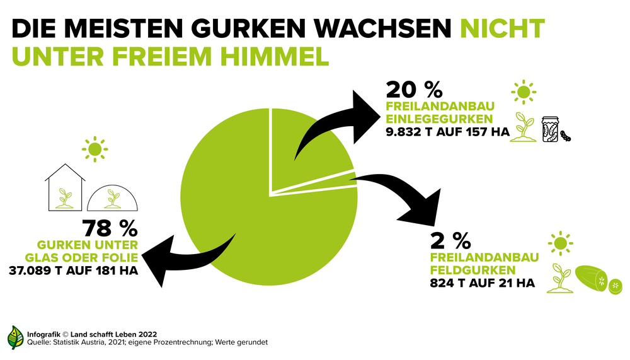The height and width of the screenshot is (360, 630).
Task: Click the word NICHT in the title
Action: (501, 28)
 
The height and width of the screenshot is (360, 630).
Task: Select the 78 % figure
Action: (110, 229)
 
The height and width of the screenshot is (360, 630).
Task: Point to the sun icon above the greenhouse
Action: (94, 149)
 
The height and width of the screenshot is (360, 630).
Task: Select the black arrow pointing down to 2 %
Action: (403, 195)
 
